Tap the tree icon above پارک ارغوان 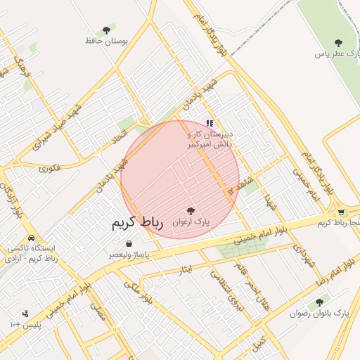[x=191, y=210]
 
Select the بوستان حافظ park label [x=108, y=41]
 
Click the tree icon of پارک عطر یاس [x=338, y=42]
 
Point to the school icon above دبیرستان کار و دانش [x=209, y=123]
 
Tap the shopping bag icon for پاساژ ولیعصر [x=129, y=243]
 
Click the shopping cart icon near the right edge [x=341, y=212]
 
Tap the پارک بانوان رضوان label [x=320, y=313]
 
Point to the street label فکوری [x=50, y=168]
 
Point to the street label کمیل [x=259, y=343]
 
